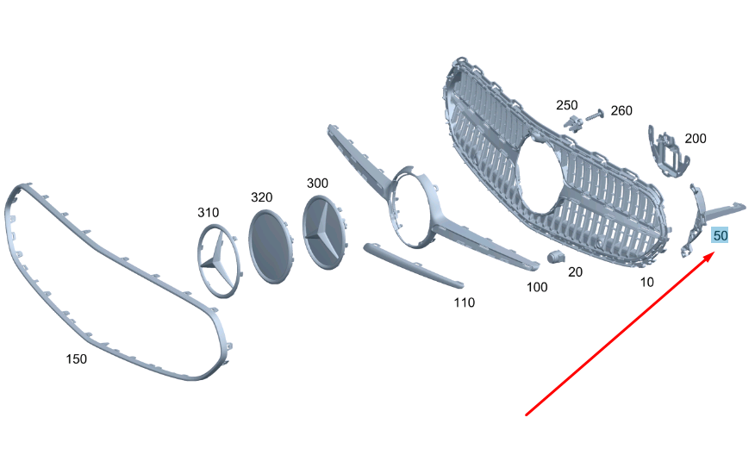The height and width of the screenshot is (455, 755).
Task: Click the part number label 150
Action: click(x=76, y=358)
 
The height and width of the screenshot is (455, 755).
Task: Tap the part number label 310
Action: click(x=208, y=212)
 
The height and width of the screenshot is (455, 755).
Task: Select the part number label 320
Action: click(x=261, y=197)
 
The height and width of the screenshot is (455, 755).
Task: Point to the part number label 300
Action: click(x=317, y=183)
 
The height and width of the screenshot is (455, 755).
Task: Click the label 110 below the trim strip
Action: click(x=465, y=302)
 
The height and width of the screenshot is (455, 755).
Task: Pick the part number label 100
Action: click(x=537, y=287)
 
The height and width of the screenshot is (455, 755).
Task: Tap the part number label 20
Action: click(x=575, y=272)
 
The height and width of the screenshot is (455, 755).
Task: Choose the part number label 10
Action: click(x=646, y=282)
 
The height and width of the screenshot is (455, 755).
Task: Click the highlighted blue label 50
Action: click(x=721, y=235)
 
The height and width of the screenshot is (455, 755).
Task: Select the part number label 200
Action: click(x=696, y=139)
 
